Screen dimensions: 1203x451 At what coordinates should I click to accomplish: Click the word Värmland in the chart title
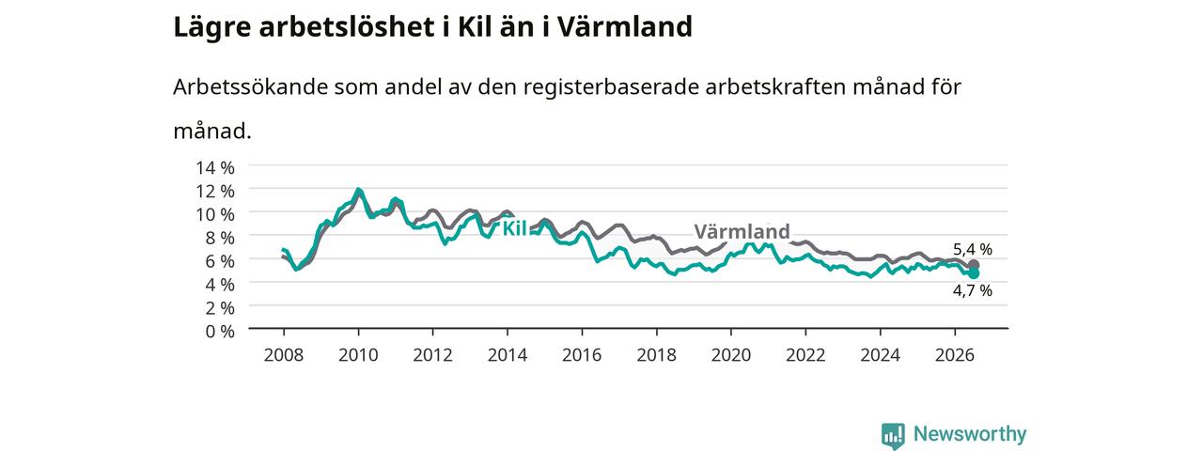[x=625, y=27]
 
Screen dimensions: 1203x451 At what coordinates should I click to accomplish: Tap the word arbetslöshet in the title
[x=347, y=27]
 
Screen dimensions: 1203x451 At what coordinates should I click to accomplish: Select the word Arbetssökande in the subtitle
[x=250, y=86]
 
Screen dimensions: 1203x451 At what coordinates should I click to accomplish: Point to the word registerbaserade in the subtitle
[x=611, y=87]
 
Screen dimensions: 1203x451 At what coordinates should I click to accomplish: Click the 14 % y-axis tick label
[x=215, y=168]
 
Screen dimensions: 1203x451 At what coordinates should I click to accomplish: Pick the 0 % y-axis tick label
[x=220, y=332]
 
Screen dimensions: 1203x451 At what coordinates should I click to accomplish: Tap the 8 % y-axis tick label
[x=220, y=238]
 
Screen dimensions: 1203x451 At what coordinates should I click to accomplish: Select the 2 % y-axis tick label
[x=220, y=308]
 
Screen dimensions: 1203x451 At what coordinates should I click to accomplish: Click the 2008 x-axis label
[x=284, y=355]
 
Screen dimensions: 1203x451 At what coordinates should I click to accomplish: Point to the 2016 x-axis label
[x=582, y=355]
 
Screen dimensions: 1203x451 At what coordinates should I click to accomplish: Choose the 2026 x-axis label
[x=955, y=355]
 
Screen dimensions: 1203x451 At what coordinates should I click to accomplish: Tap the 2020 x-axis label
[x=731, y=355]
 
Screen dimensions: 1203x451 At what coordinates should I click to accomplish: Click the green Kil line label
[x=514, y=228]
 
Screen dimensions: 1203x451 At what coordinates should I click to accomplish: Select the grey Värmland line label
[x=742, y=231]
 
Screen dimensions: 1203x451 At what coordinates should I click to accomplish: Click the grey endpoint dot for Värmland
[x=974, y=265]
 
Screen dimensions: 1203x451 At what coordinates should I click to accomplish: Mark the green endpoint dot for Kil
[x=974, y=273]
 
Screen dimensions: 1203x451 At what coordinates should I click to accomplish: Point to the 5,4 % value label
[x=973, y=249]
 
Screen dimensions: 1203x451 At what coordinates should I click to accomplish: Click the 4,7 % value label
[x=973, y=291]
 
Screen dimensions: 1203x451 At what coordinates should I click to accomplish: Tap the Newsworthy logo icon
[x=893, y=435]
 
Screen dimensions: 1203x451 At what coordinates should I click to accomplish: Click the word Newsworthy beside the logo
[x=970, y=434]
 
